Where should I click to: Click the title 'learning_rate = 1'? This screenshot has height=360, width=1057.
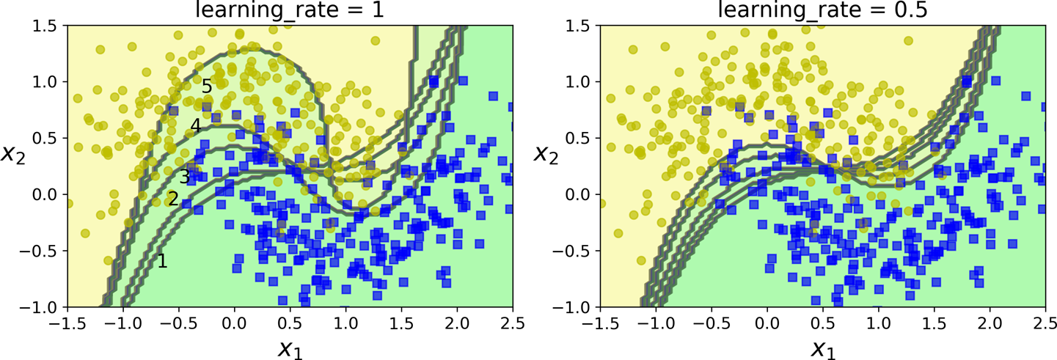point(290,10)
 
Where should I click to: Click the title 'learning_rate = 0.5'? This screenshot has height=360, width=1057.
point(823,10)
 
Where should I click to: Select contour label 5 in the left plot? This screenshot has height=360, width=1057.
point(207,87)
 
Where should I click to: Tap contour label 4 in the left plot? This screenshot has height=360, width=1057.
point(195,126)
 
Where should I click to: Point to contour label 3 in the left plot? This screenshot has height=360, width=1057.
point(185,177)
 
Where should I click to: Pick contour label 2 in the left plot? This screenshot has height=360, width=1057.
point(173,199)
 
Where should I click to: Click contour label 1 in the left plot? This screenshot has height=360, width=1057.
point(163,260)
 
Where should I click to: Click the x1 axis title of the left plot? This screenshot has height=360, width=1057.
point(290,348)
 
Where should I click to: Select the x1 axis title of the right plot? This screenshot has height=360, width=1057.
point(823,348)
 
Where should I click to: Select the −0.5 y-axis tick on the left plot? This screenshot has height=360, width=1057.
point(40,251)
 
